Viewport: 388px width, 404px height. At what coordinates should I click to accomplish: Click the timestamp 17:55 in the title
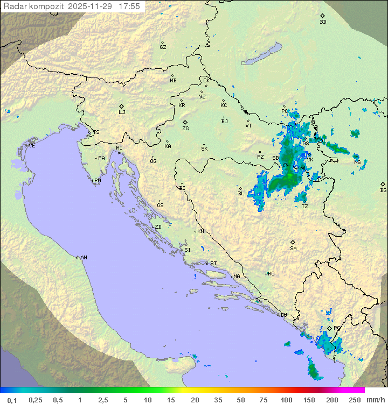click(x=129, y=6)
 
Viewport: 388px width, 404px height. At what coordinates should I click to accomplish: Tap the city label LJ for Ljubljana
click(x=122, y=112)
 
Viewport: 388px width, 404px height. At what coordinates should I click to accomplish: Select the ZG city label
click(x=185, y=129)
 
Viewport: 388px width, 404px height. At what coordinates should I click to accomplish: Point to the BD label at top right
click(x=323, y=22)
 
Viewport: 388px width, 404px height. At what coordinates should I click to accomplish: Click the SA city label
click(x=293, y=249)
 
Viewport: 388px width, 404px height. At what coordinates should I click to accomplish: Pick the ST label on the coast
click(x=213, y=264)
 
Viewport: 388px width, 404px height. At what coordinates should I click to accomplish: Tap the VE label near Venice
click(x=32, y=146)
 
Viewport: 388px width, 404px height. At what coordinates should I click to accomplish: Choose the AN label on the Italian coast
click(x=84, y=258)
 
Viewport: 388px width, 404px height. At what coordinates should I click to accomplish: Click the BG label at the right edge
click(x=383, y=190)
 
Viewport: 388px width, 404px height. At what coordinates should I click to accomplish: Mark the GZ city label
click(x=163, y=47)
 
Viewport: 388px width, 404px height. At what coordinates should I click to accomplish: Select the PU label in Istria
click(x=98, y=181)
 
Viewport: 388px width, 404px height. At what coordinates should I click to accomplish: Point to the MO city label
click(x=271, y=274)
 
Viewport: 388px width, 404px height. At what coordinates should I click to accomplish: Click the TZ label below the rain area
click(x=304, y=207)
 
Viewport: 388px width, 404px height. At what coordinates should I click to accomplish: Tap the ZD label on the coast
click(x=158, y=227)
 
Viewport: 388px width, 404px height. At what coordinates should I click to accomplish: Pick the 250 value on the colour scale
click(x=354, y=400)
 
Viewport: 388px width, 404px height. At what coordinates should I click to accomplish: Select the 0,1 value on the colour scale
click(x=12, y=400)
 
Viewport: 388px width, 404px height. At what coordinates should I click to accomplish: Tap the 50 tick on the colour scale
click(x=240, y=400)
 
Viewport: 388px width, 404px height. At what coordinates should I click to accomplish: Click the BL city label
click(x=241, y=194)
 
